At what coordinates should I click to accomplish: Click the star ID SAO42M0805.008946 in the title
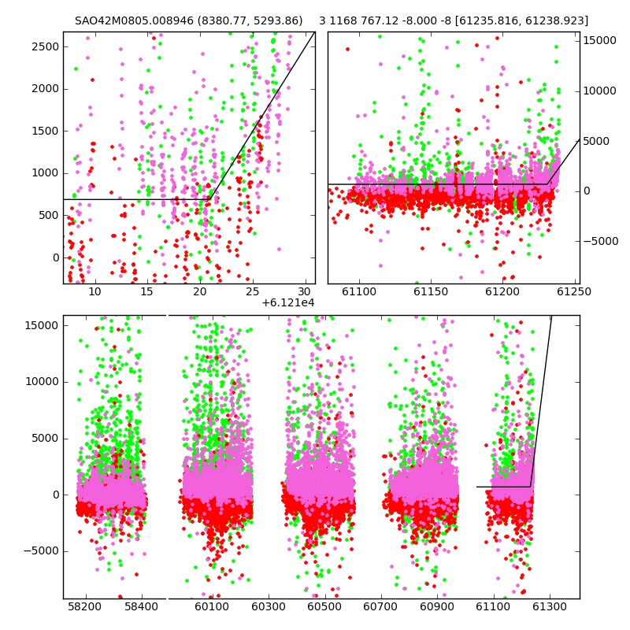click(134, 20)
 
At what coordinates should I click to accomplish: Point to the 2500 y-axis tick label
click(45, 46)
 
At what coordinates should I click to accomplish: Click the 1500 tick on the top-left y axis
click(45, 131)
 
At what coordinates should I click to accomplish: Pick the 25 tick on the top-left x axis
click(252, 291)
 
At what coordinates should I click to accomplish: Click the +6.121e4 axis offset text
click(288, 302)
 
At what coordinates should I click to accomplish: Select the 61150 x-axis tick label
click(431, 291)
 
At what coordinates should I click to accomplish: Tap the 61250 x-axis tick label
click(574, 291)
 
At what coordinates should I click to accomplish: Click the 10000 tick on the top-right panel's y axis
click(599, 91)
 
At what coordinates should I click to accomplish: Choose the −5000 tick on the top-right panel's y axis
click(601, 241)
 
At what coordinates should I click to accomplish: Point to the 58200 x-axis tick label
click(84, 606)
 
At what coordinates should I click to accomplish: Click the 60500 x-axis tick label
click(324, 606)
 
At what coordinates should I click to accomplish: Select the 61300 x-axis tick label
click(549, 606)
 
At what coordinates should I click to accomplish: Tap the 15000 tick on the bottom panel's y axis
click(42, 325)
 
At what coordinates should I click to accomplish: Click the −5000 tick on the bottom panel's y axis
click(41, 550)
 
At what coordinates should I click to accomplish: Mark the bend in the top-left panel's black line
click(209, 199)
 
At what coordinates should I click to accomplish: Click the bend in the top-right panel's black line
click(547, 184)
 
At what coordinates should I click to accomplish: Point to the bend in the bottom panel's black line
click(530, 487)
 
